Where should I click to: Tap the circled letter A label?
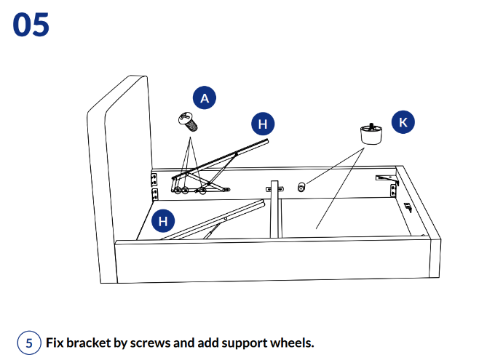pos(205,98)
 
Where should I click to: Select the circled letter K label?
pos(403,123)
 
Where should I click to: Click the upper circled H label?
pos(263,124)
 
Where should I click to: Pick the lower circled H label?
pos(163,221)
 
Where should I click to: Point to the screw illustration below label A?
pos(189,121)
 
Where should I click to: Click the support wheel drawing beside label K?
pos(371,135)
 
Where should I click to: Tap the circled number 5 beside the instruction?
pos(29,343)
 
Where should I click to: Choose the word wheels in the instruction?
pos(291,343)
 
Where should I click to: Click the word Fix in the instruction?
pos(55,343)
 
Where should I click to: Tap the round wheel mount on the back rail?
pos(301,188)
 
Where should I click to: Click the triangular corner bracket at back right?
pos(385,177)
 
